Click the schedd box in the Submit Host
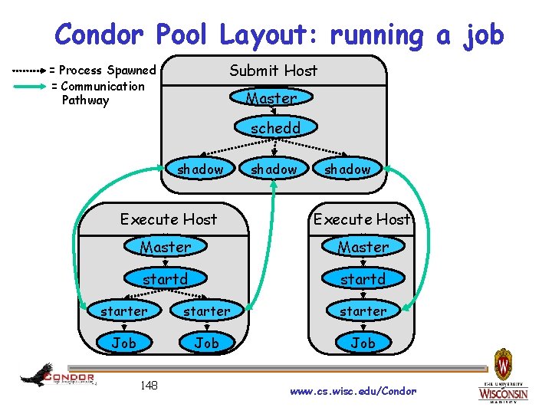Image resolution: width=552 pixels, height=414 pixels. (275, 128)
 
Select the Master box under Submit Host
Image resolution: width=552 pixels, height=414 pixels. (271, 98)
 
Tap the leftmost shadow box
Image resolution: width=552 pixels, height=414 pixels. (200, 169)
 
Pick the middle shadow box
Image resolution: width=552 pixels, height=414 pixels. (274, 169)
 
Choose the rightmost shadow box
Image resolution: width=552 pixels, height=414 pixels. (347, 169)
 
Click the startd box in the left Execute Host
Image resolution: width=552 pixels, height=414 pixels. (165, 279)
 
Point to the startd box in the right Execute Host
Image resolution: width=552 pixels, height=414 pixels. (363, 279)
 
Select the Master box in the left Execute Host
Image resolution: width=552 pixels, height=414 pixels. (165, 247)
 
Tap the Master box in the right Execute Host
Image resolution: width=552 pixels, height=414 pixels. (363, 247)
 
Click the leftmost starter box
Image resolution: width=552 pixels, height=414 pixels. (123, 311)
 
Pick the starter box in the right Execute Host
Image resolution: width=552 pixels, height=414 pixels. (363, 311)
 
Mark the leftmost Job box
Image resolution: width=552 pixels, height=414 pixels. (123, 343)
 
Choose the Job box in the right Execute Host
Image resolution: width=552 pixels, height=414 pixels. (363, 343)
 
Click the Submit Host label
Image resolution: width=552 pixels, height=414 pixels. (273, 71)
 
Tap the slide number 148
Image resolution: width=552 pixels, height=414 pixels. (149, 385)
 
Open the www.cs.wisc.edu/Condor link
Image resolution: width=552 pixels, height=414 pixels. (353, 391)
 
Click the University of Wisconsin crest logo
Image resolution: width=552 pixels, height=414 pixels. (504, 364)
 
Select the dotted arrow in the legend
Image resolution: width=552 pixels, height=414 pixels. (29, 71)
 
